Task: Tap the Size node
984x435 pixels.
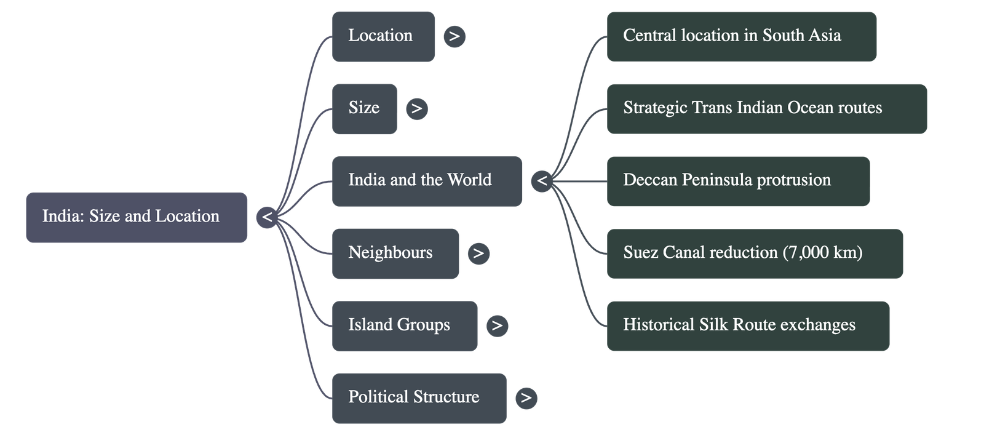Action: (x=364, y=108)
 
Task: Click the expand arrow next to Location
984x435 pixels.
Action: (x=454, y=36)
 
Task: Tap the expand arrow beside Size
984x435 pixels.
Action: (x=416, y=108)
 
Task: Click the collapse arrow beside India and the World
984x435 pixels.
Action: (x=542, y=181)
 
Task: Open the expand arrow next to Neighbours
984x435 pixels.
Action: (x=478, y=253)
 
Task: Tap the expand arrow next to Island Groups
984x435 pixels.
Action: (x=497, y=325)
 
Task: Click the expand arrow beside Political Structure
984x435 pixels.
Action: (x=526, y=398)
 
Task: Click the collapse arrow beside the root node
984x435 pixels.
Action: (x=267, y=217)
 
